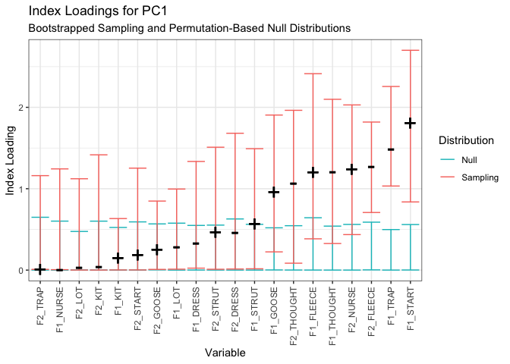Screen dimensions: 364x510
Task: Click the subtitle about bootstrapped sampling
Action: [x=189, y=28]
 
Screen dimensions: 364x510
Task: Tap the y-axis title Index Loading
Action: [x=11, y=161]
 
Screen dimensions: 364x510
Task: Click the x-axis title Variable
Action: [x=225, y=353]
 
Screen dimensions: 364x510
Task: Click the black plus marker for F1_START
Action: [x=411, y=123]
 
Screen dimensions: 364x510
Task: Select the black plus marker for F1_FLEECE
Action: [x=313, y=172]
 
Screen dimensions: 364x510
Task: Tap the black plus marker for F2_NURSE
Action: [x=352, y=169]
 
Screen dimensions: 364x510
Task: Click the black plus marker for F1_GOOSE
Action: [x=274, y=192]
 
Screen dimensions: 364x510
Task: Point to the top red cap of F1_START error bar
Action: [x=411, y=50]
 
